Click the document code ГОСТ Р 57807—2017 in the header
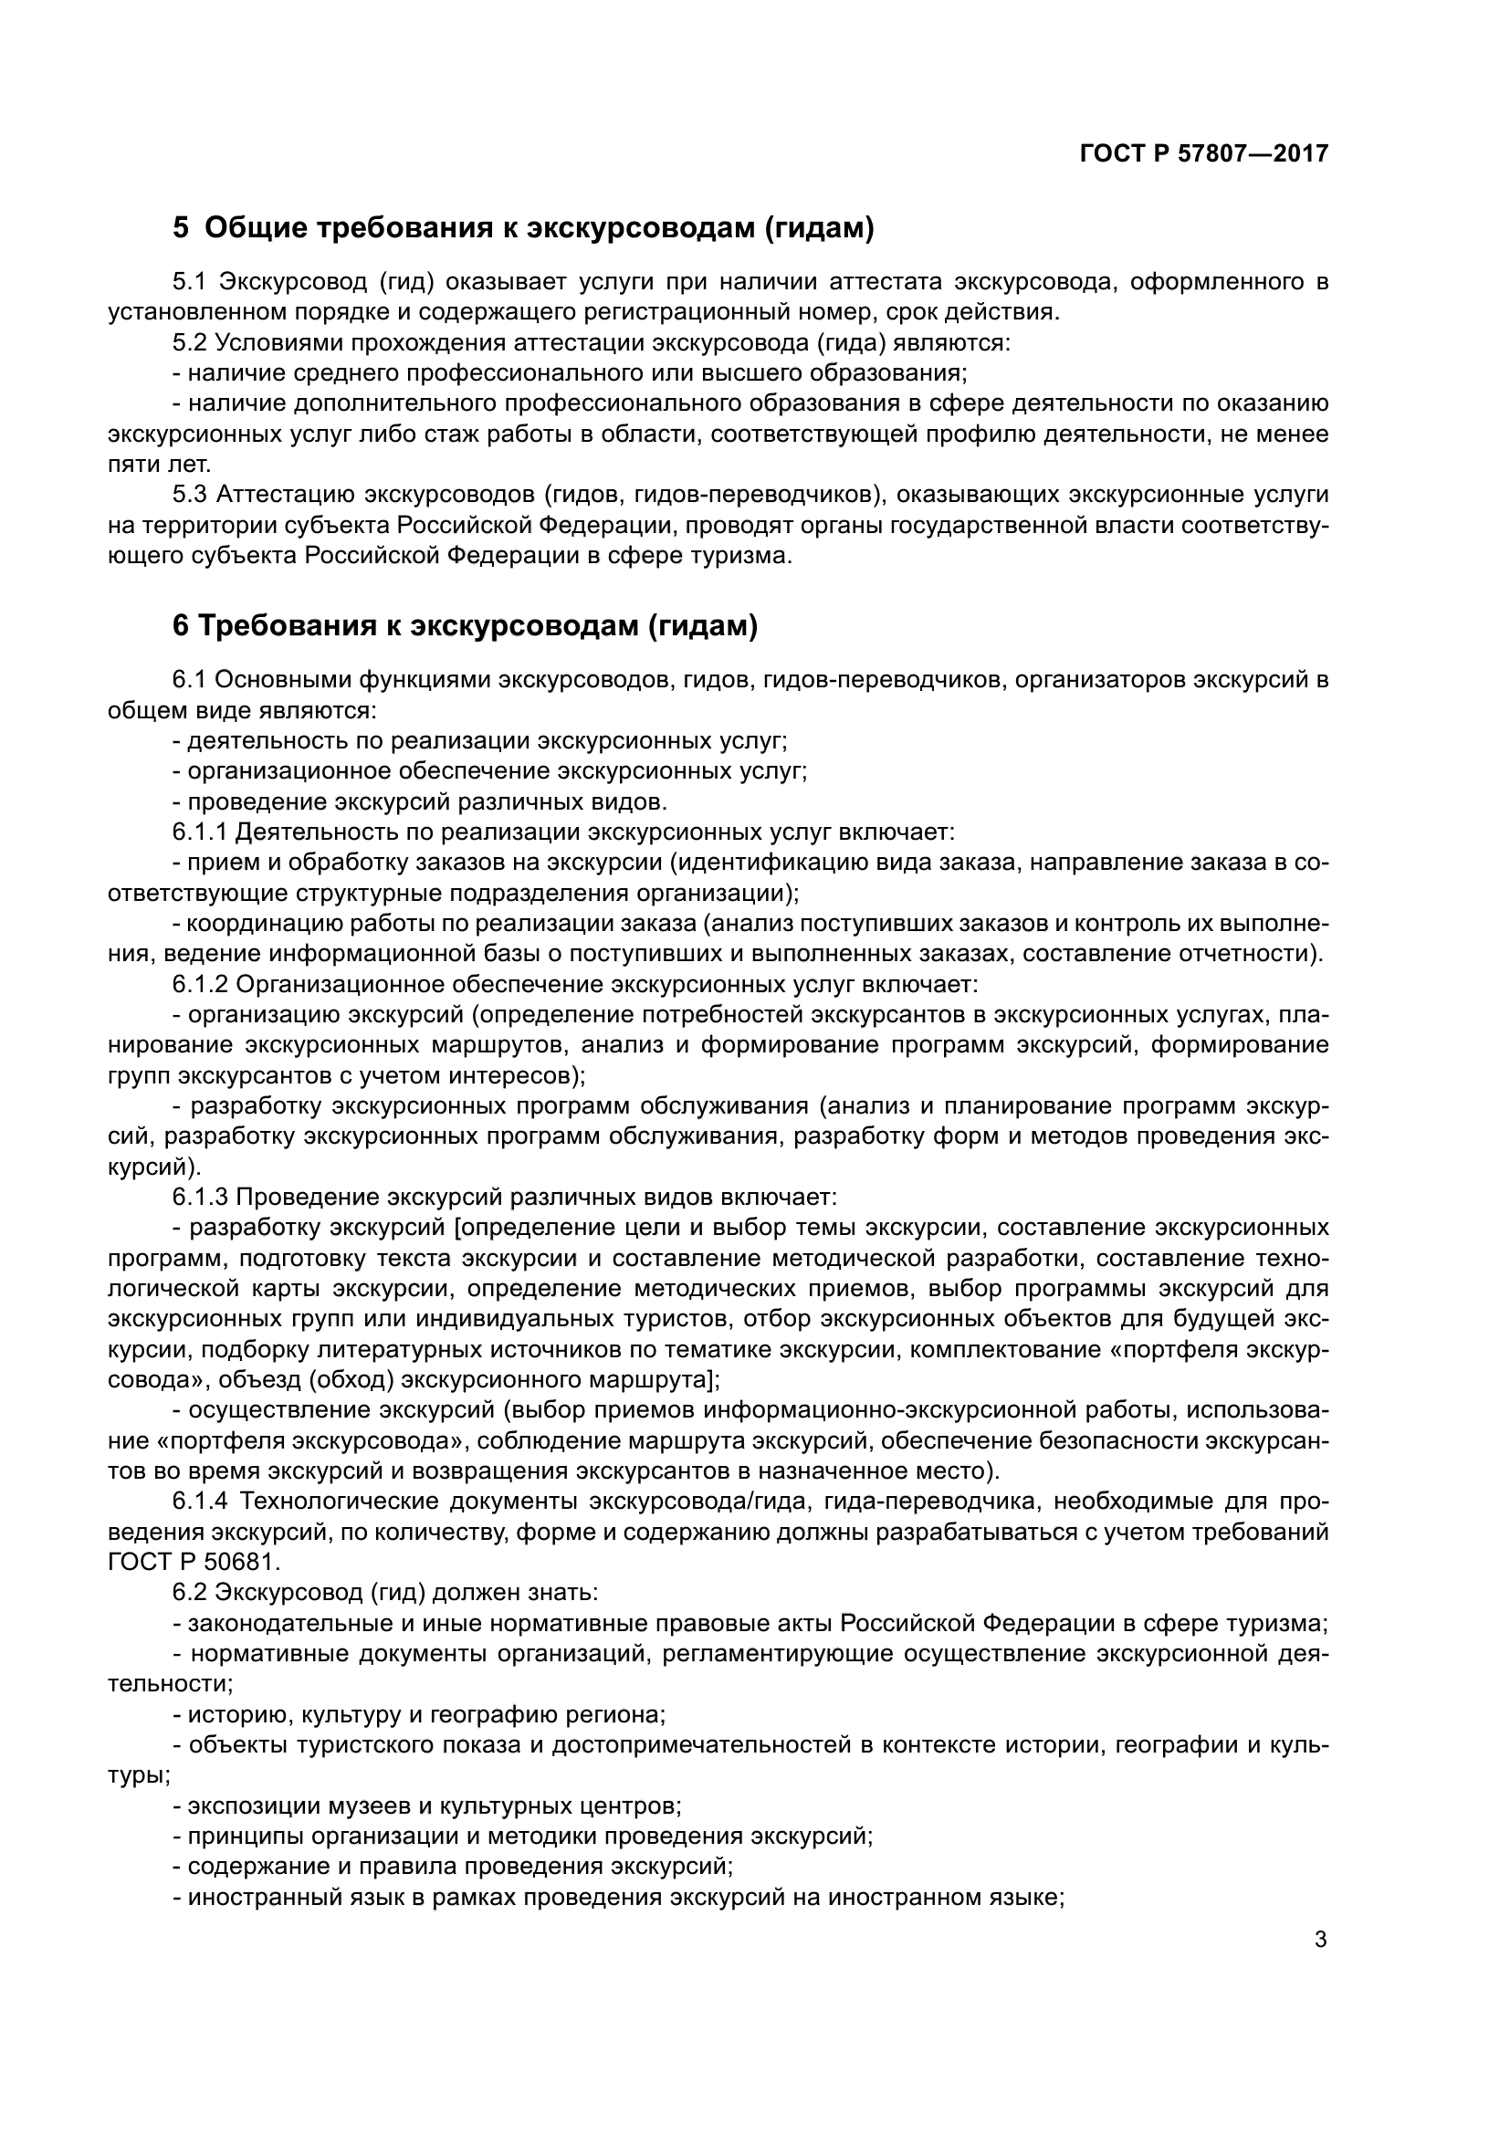1203,154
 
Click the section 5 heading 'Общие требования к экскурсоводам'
539,227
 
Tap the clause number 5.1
190,282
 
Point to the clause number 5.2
190,343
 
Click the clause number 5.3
190,495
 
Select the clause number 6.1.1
199,832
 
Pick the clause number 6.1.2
199,984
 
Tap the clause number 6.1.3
199,1196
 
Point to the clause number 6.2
190,1592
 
